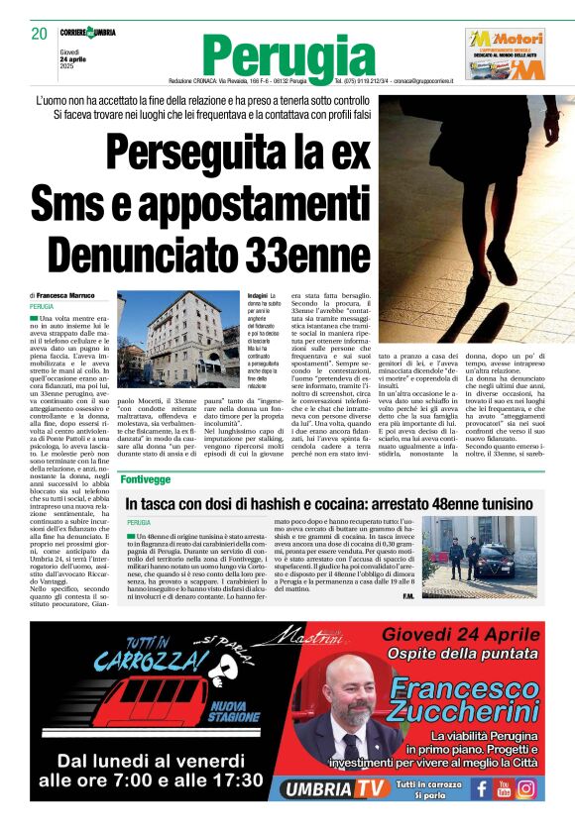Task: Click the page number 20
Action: [x=40, y=34]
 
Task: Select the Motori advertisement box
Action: [x=506, y=53]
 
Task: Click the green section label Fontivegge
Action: [x=146, y=478]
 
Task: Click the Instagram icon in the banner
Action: [x=526, y=788]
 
